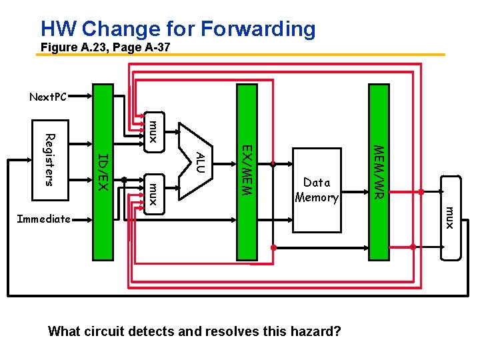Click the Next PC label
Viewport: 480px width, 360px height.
48,97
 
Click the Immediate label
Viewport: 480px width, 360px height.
43,219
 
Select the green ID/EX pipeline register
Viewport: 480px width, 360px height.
103,171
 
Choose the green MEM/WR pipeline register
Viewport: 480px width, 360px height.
378,171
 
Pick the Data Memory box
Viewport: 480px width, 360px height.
317,190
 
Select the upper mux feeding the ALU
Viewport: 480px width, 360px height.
153,131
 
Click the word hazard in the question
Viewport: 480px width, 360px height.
319,331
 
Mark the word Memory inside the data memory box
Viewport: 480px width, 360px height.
317,197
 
